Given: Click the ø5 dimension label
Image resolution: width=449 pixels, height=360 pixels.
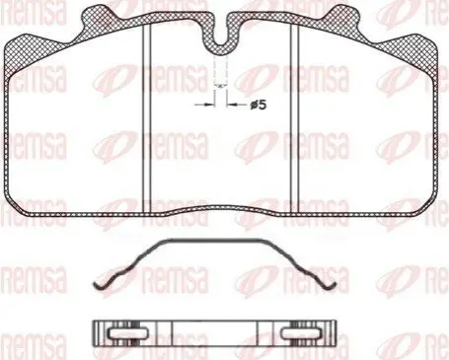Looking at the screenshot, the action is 258,106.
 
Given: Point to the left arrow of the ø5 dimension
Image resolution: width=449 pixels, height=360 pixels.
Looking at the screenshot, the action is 204,105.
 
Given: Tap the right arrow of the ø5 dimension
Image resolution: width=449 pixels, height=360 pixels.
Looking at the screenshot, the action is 237,105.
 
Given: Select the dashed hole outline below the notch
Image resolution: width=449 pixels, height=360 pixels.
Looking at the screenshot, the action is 221,71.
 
